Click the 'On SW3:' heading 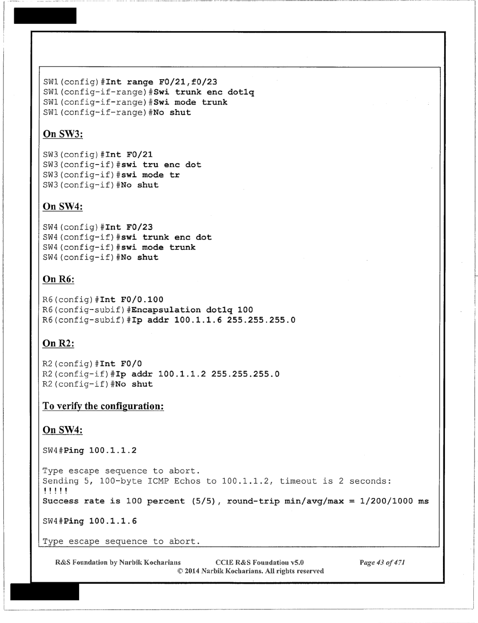(x=63, y=134)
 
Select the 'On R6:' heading (x=58, y=279)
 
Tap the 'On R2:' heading (x=58, y=343)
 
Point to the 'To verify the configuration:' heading (x=103, y=406)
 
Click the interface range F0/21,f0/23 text (x=188, y=82)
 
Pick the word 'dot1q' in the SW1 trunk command (x=241, y=92)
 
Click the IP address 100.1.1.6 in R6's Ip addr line (x=198, y=320)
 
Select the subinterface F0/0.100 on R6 (x=142, y=300)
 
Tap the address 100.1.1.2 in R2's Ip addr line (x=182, y=374)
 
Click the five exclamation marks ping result (x=55, y=491)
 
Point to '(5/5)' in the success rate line (x=203, y=501)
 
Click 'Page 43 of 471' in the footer (x=382, y=562)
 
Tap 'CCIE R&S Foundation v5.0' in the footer (x=260, y=562)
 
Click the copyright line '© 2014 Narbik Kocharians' (x=251, y=571)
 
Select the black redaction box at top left (x=45, y=16)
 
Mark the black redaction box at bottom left (x=45, y=592)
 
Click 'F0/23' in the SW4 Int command (x=139, y=227)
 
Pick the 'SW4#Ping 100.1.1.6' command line (x=90, y=521)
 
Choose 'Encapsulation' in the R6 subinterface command (x=166, y=310)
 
